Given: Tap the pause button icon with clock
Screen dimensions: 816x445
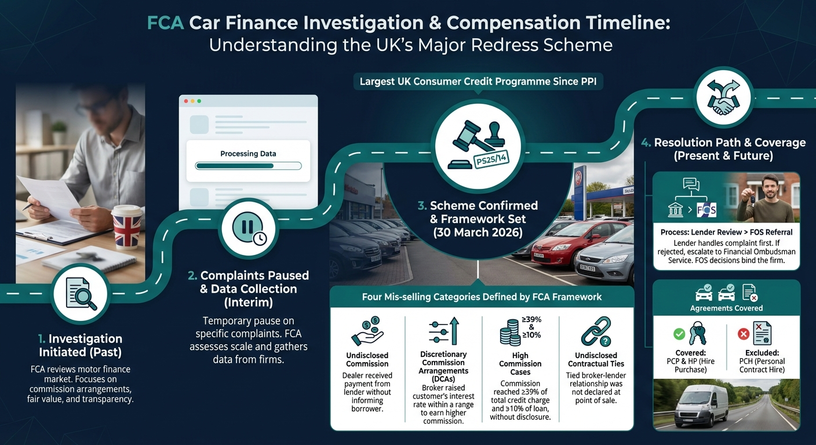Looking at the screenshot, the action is (x=249, y=228).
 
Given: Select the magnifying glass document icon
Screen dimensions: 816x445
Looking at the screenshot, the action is (x=81, y=294).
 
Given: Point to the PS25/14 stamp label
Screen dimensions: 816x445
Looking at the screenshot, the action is (x=491, y=159).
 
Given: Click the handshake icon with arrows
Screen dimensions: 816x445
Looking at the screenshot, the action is (x=723, y=97).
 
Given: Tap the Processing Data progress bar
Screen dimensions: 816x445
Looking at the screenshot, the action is (x=248, y=166).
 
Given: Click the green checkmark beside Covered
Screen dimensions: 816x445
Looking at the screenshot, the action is (x=679, y=334).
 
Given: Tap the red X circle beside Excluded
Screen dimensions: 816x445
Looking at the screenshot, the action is (x=743, y=334).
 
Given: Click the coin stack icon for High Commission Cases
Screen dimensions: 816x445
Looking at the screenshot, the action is (x=510, y=332).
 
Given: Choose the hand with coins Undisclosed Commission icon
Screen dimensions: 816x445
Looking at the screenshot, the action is (x=367, y=331).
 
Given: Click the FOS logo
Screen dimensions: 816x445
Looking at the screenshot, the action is (x=706, y=210).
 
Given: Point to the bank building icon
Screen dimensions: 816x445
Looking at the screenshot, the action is (x=676, y=210).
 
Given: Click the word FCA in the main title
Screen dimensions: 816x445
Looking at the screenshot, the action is (x=165, y=23).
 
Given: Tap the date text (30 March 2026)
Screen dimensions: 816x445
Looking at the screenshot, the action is (x=478, y=233).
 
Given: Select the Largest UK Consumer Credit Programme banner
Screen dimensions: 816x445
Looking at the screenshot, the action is (x=478, y=82).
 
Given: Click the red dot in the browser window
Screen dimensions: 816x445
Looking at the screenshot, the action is (x=186, y=101).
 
